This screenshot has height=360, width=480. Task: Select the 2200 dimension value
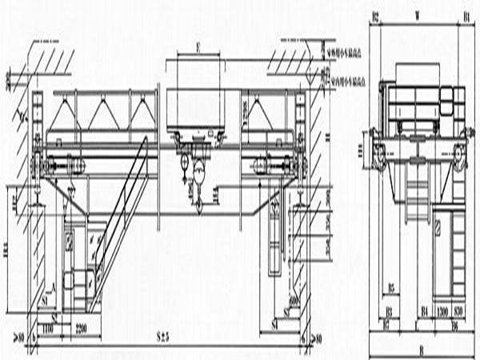pos(82,328)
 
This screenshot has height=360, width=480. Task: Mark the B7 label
pos(386,326)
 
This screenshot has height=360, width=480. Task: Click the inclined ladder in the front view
pos(120,224)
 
